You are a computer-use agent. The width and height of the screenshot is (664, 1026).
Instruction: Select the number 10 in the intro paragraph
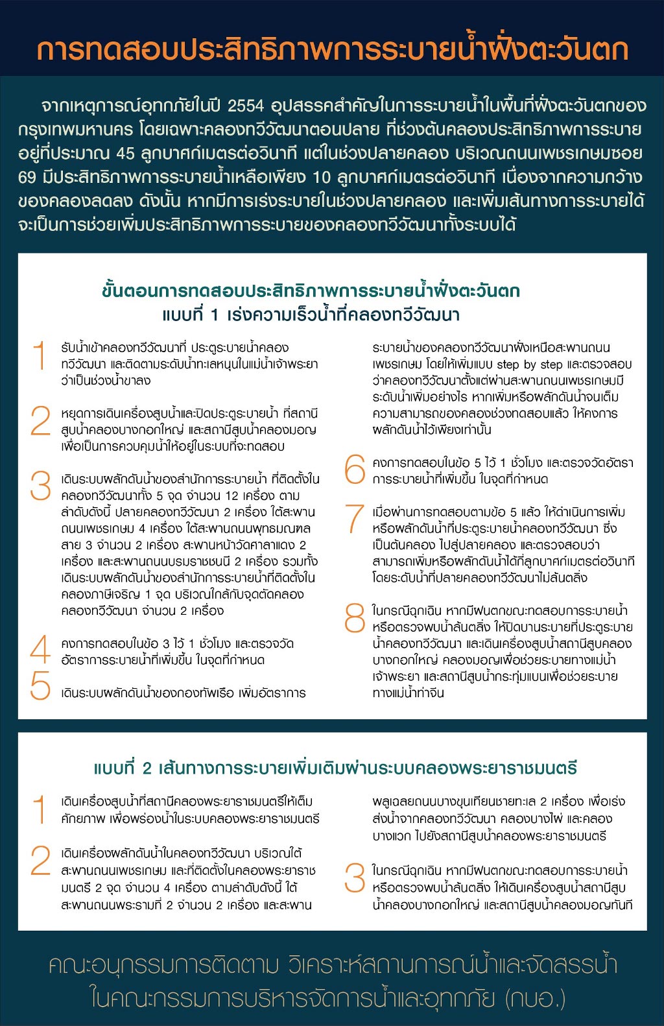click(x=322, y=177)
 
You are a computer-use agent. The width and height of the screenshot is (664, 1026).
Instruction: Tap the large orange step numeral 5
click(x=40, y=685)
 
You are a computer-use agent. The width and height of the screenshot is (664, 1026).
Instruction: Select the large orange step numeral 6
click(x=355, y=470)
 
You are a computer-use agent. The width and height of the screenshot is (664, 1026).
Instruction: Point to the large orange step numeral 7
click(x=355, y=519)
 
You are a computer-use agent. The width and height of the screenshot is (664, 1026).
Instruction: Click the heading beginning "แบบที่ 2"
click(x=335, y=769)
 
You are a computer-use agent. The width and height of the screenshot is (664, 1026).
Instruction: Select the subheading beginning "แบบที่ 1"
click(x=311, y=315)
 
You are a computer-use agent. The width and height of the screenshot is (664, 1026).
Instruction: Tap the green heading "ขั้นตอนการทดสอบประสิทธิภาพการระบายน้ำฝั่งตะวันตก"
click(x=311, y=291)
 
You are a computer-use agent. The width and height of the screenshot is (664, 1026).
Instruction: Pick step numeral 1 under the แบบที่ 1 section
click(x=40, y=355)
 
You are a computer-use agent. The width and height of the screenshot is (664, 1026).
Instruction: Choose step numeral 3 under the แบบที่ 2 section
click(x=355, y=878)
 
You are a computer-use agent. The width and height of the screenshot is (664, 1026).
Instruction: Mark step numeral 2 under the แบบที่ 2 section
click(x=40, y=861)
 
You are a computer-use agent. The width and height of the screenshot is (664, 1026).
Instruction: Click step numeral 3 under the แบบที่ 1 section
click(x=40, y=486)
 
